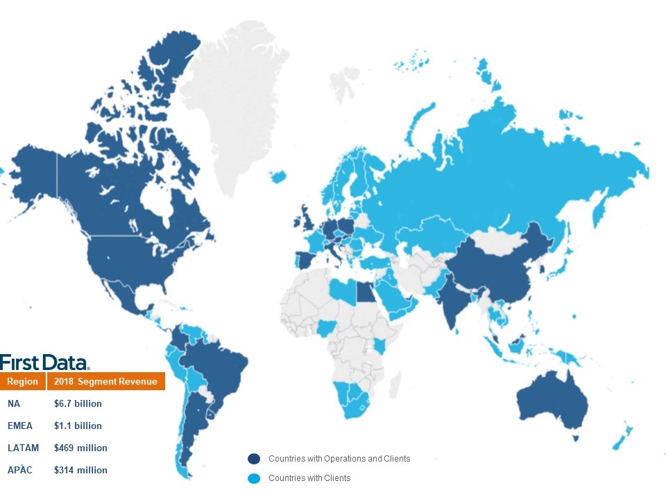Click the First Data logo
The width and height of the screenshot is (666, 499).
coord(44,362)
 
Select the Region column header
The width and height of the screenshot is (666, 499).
coord(22,382)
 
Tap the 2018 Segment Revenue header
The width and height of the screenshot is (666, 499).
coord(105,382)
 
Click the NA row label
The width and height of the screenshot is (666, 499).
coord(14,403)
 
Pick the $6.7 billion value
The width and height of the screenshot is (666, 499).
coord(78,403)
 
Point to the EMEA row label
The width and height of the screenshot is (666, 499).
coord(20,426)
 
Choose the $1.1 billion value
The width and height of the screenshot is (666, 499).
coord(78,426)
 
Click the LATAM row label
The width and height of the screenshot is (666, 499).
coord(23,448)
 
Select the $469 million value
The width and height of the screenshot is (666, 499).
coord(80,448)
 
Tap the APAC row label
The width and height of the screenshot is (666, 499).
coord(20,470)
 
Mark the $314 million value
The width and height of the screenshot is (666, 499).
coord(80,470)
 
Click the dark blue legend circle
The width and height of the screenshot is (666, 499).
coord(254,459)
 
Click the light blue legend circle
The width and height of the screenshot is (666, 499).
coord(254,478)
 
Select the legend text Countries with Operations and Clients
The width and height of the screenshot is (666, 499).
coord(339,459)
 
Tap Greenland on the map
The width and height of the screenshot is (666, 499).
coord(243,104)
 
